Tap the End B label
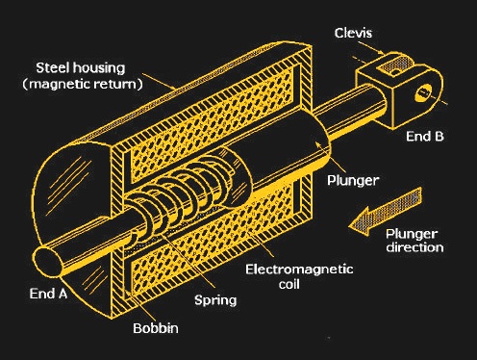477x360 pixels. point(424,136)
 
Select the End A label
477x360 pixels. point(47,294)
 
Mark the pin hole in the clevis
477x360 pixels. point(424,94)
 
